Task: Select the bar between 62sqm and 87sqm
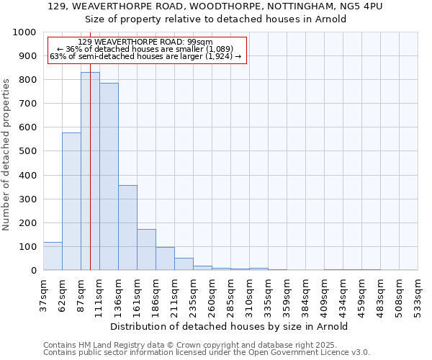[71, 202]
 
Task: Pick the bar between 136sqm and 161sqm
[127, 228]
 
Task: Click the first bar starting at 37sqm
[53, 256]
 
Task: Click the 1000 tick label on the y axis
[24, 32]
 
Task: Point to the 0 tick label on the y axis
[33, 271]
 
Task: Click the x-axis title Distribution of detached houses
[230, 326]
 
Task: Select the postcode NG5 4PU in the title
[364, 6]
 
